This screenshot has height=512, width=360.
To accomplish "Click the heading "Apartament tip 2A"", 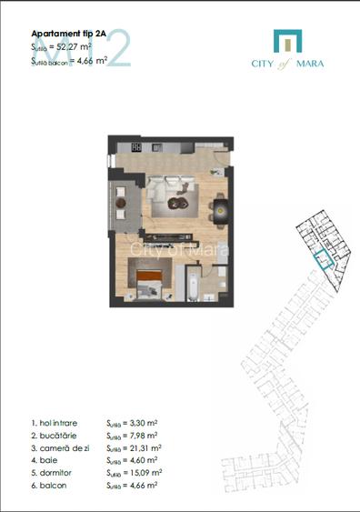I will pyautogui.click(x=69, y=32).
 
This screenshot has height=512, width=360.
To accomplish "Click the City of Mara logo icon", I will pyautogui.click(x=286, y=41).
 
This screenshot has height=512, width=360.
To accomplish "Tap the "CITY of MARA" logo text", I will pyautogui.click(x=286, y=64).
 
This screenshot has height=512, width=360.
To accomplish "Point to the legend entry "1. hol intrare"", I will pyautogui.click(x=55, y=424).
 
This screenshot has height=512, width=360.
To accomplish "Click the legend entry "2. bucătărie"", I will pyautogui.click(x=54, y=436).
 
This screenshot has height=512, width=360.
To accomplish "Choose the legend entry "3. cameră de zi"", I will pyautogui.click(x=60, y=448).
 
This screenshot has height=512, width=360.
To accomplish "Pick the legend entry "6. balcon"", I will pyautogui.click(x=49, y=486).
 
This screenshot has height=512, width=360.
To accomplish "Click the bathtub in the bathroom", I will pyautogui.click(x=193, y=283).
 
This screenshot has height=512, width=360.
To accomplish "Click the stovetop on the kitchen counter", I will pyautogui.click(x=136, y=146).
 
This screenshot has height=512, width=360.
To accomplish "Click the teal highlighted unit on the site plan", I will pyautogui.click(x=320, y=256).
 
